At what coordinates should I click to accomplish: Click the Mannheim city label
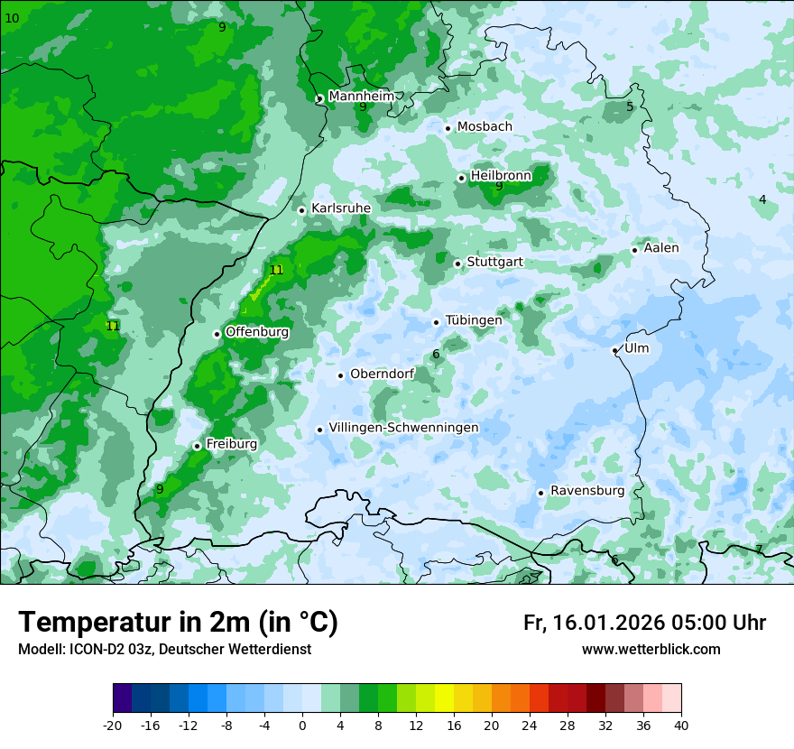(360, 96)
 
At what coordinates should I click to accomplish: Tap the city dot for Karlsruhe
(302, 210)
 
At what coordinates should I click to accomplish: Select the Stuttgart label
(494, 262)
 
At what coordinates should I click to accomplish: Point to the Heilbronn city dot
(461, 178)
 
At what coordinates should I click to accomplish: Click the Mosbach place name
(485, 126)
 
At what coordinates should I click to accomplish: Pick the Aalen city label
(661, 248)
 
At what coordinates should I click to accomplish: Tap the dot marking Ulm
(614, 350)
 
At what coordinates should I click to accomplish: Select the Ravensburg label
(587, 491)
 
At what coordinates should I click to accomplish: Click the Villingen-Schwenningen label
(403, 428)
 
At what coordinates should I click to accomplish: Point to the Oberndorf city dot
(340, 375)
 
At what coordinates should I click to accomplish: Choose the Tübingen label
(474, 319)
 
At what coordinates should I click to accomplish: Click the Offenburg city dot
(217, 334)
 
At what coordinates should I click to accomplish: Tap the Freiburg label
(231, 444)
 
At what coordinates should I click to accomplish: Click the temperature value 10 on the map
(12, 18)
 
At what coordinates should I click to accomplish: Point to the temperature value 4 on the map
(762, 199)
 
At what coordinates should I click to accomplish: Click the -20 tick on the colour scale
(113, 725)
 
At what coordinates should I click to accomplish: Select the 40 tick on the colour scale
(681, 725)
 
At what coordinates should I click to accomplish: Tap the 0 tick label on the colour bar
(302, 725)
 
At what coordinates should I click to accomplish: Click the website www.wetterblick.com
(651, 649)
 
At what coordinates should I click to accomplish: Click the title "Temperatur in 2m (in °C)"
(178, 622)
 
